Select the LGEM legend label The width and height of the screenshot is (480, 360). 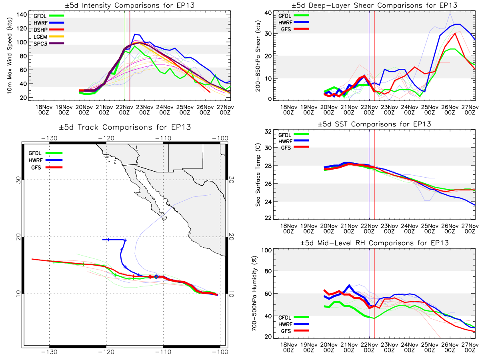[x=40, y=37]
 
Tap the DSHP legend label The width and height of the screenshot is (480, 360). [x=40, y=30]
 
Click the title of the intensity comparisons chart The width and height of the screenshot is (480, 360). [x=130, y=5]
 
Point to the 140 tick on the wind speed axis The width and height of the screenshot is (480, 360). [x=22, y=15]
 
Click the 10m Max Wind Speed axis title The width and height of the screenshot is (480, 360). [x=10, y=56]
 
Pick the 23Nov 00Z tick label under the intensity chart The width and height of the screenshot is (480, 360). [x=144, y=110]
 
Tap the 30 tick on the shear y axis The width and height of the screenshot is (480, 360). [x=268, y=34]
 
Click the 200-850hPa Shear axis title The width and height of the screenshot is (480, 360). [x=258, y=56]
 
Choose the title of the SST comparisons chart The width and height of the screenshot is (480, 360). [x=374, y=124]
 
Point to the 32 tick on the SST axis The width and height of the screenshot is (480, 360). [x=268, y=132]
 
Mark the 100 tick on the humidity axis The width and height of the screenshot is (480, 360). [x=266, y=250]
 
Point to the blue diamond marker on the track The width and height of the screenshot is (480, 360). [x=156, y=277]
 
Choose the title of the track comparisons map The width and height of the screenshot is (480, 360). [x=125, y=127]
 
